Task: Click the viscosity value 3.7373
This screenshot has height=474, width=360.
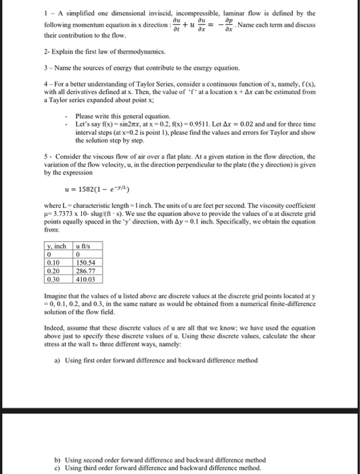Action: coord(58,214)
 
